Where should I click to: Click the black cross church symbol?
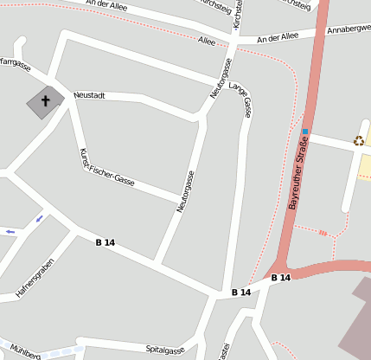46,101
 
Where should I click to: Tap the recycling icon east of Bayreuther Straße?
358,141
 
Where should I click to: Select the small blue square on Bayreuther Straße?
304,132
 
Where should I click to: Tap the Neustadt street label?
89,95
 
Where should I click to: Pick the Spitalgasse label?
165,350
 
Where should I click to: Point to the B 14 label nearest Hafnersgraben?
105,242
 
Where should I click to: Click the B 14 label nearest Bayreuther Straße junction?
280,278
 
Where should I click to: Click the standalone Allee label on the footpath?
207,41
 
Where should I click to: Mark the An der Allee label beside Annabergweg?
278,36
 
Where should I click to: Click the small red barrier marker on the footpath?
323,232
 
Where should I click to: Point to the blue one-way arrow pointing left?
10,232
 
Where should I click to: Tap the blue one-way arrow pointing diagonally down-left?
39,218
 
